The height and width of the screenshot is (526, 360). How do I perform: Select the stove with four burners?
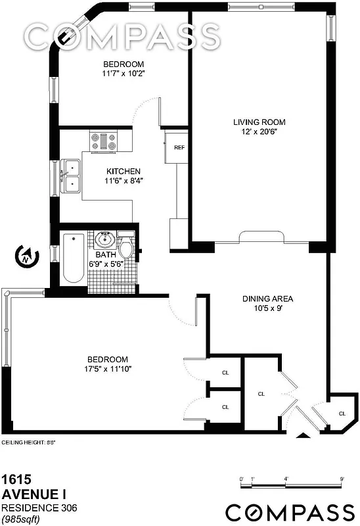tap(104, 141)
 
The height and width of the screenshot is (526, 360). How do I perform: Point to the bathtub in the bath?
tap(73, 258)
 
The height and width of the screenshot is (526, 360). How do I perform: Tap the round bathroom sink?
tap(105, 239)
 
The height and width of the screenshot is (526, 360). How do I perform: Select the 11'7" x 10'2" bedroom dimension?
tap(124, 73)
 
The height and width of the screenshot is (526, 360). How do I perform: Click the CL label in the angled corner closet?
tap(342, 413)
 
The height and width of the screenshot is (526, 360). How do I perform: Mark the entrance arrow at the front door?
tap(302, 434)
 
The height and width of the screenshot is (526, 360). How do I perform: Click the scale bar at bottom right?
tap(292, 486)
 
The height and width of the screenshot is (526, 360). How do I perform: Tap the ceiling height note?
tap(28, 442)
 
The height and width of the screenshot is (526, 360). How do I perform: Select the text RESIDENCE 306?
tap(37, 508)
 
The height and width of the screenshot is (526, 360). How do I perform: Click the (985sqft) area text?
tap(24, 519)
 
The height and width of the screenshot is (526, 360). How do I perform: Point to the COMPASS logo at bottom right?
tap(290, 512)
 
